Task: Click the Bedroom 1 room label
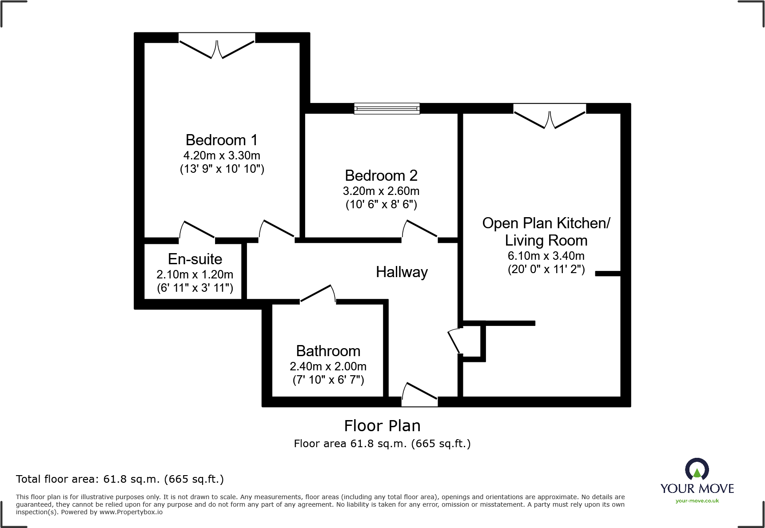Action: coord(221,140)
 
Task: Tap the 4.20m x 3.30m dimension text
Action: coord(222,155)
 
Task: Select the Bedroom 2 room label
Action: coord(381,175)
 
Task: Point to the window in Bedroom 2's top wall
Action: coord(386,108)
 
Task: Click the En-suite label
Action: coord(195,259)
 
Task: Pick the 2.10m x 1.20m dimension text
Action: coord(195,274)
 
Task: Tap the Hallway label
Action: coord(402,272)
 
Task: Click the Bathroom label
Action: coord(328,351)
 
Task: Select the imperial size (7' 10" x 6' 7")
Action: coord(328,380)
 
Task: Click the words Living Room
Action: coord(546,240)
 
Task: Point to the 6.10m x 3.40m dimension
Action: coord(546,256)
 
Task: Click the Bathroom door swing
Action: coord(318,294)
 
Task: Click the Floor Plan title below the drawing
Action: coord(382,425)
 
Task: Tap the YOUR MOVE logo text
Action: coord(697,488)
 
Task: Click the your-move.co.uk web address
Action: coord(697,501)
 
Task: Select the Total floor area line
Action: coord(120,479)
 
